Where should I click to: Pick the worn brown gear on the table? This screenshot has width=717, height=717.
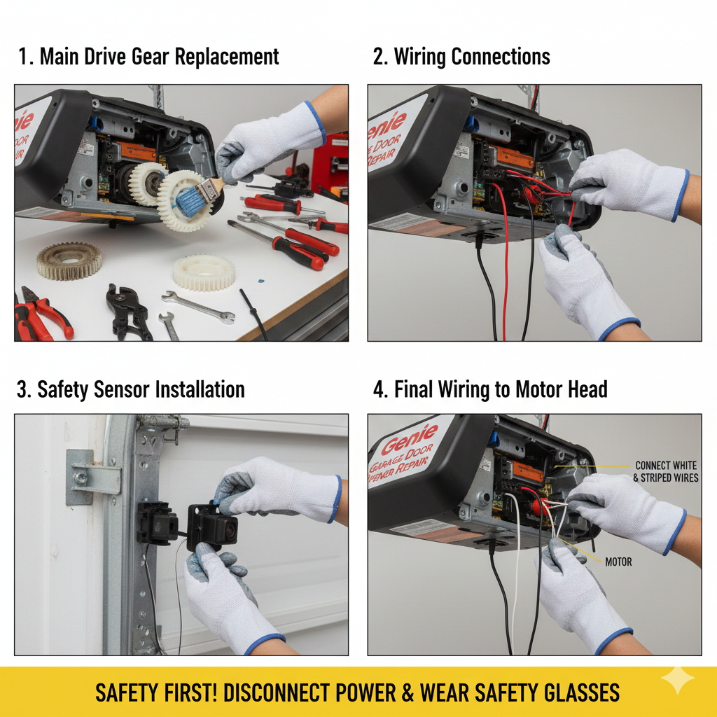click(x=69, y=260)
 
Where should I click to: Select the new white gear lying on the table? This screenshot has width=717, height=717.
click(x=204, y=272)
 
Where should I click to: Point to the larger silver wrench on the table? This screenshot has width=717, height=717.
click(x=198, y=307)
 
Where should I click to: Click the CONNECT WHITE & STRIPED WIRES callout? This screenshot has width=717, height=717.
click(x=665, y=471)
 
